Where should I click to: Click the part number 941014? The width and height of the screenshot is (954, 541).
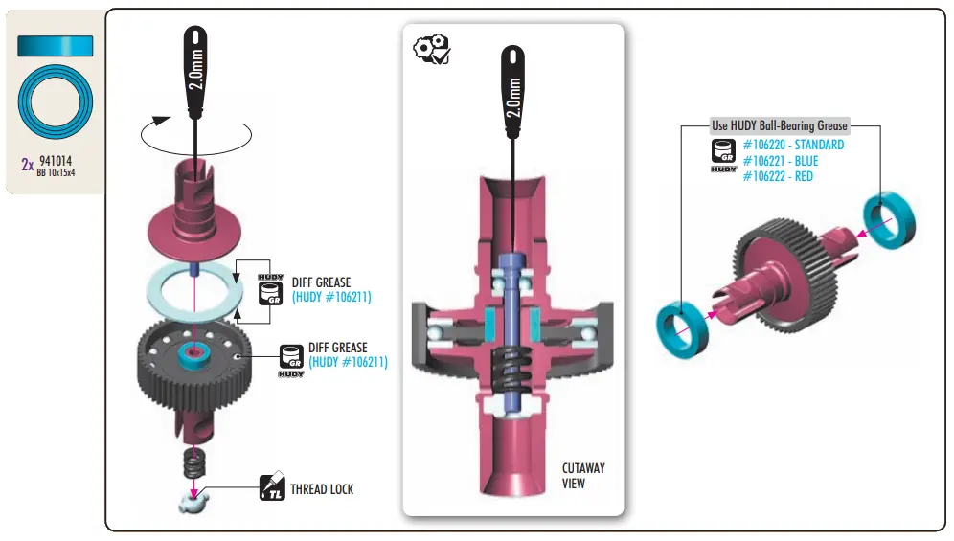[58, 162]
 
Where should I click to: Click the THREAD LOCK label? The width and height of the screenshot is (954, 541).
[322, 489]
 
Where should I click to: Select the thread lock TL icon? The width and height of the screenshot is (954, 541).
[273, 489]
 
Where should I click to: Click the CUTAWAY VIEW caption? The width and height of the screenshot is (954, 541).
[583, 476]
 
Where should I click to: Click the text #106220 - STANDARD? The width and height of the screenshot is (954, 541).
[793, 145]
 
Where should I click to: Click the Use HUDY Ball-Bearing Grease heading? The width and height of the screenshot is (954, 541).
[779, 125]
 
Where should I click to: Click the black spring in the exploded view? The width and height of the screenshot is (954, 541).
[195, 466]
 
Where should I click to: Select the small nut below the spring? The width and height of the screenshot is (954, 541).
[195, 500]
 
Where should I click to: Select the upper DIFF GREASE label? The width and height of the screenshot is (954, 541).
[321, 282]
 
